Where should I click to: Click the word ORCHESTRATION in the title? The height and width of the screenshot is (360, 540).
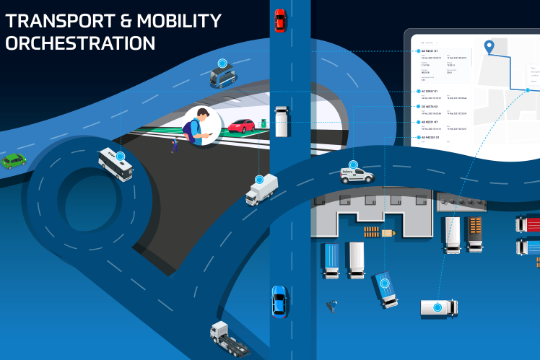[x=80, y=43]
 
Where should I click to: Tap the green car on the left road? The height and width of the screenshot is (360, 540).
[x=13, y=160]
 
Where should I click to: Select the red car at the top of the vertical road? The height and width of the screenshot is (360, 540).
[x=279, y=20]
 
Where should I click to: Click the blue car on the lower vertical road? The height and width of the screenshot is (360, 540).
[x=279, y=301]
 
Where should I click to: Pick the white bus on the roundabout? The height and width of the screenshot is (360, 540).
[x=116, y=165]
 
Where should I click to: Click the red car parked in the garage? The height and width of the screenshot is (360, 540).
[x=240, y=126]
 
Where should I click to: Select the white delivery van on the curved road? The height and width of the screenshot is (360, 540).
[x=357, y=175]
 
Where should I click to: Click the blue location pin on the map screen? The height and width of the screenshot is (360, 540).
[x=489, y=48]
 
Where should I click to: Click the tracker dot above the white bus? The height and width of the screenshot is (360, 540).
[x=120, y=155]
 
